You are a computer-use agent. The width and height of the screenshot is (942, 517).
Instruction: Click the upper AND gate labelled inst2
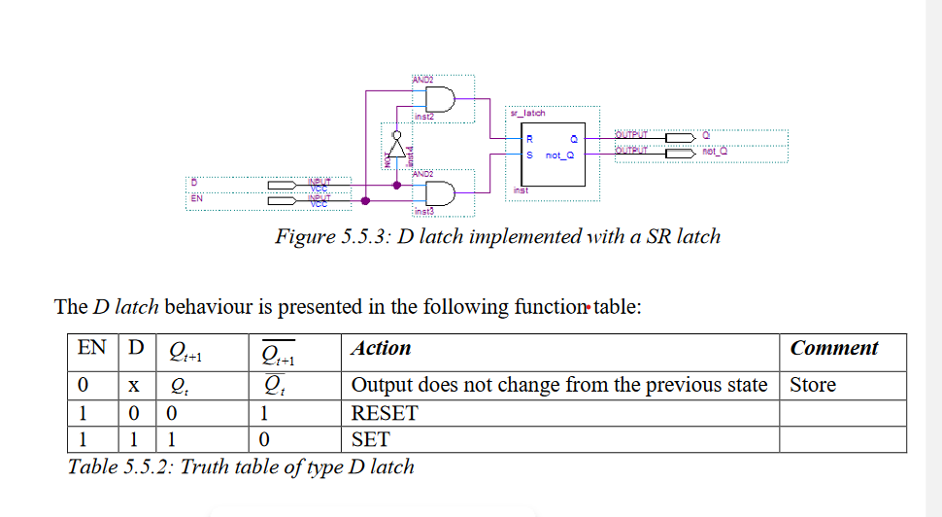[440, 99]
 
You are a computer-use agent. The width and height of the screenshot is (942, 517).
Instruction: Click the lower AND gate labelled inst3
[440, 193]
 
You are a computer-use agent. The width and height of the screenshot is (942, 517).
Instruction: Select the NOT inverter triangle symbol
[396, 138]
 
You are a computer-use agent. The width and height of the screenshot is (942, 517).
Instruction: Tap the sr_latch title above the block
[527, 114]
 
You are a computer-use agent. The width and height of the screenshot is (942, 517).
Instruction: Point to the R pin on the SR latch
[529, 140]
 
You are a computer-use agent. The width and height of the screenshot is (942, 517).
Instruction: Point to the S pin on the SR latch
[529, 155]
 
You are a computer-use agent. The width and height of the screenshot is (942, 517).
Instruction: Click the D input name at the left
[192, 182]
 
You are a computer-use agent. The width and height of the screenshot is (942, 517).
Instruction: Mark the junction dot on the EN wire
[365, 201]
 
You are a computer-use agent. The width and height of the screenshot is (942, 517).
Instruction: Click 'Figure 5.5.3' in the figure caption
[333, 236]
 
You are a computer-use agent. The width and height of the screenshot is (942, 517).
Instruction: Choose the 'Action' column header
[381, 348]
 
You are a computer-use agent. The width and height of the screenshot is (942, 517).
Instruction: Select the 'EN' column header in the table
[92, 348]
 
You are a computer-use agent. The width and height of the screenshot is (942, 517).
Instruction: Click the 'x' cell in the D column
[134, 386]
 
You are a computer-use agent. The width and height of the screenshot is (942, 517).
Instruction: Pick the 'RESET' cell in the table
[384, 413]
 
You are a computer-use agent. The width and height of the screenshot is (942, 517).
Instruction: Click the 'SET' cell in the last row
[370, 439]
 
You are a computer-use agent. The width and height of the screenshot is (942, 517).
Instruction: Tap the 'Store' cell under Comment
[813, 385]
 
